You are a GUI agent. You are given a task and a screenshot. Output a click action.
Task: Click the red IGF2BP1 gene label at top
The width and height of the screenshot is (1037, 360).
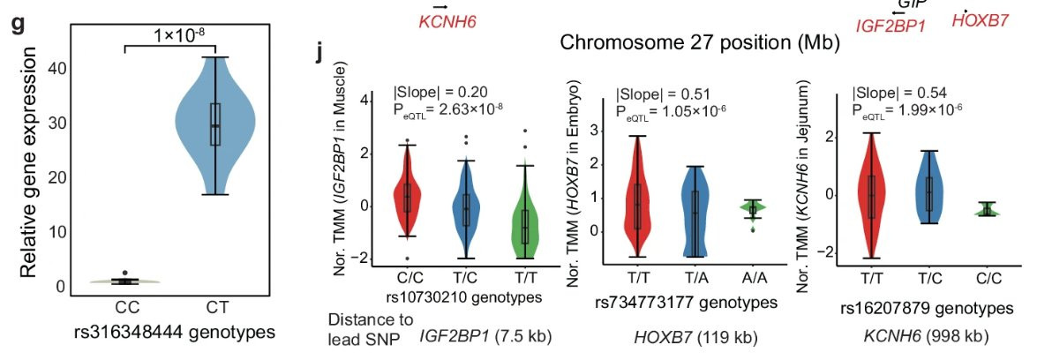pos(890,26)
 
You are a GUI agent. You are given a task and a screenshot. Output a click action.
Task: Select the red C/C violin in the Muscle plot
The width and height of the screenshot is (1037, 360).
pos(407,194)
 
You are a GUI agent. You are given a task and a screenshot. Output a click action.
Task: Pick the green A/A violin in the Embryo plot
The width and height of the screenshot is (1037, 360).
pos(753,209)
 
